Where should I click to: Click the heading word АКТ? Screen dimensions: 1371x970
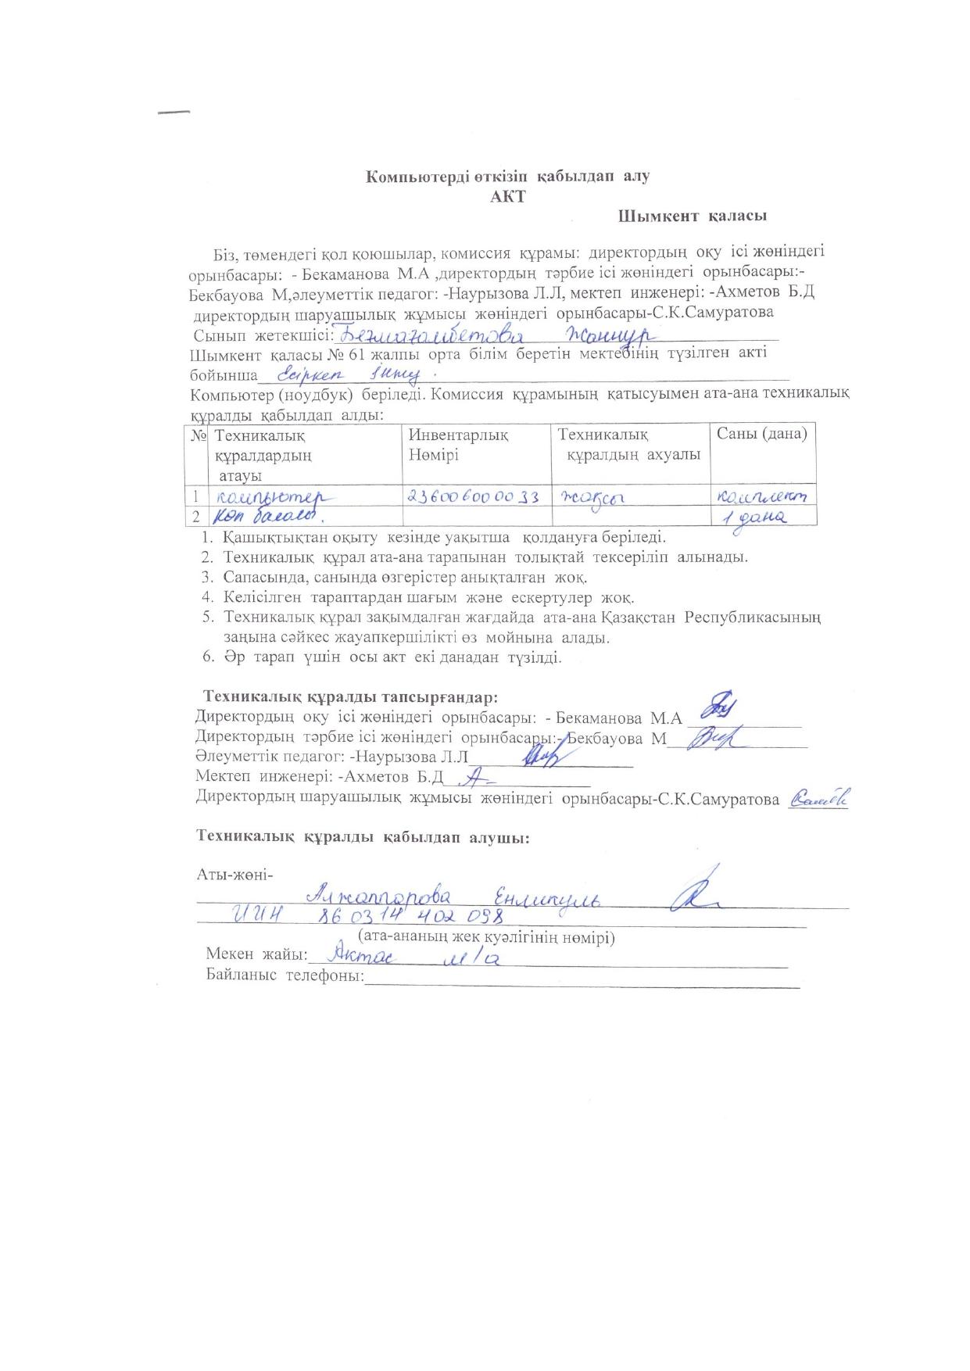coord(508,196)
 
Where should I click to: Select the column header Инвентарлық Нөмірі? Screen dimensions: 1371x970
coord(458,445)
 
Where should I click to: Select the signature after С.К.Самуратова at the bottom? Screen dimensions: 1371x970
coord(819,798)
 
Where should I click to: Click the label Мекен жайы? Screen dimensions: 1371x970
coord(257,954)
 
